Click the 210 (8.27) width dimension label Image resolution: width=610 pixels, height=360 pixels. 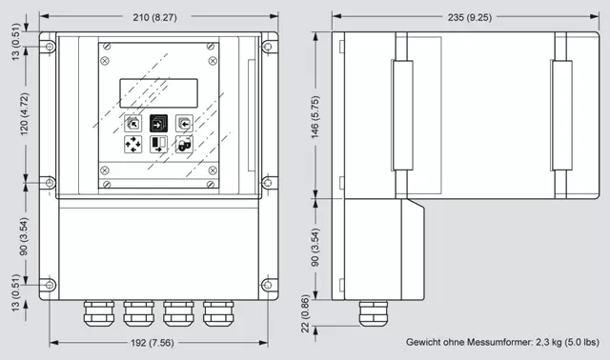pos(154,17)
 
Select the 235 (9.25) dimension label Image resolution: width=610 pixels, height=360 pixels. pos(470,17)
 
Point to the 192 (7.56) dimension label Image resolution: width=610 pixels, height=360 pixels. pos(152,343)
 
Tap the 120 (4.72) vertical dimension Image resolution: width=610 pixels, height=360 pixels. pos(24,114)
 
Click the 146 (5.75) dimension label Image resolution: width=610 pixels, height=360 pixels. pos(315,117)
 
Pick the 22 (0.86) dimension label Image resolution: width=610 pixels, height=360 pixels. pos(305,313)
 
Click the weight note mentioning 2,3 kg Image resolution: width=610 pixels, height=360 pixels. pos(502,342)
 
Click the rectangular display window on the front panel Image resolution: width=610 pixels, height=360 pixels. pos(159,93)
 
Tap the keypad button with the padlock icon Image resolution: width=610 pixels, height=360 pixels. pos(184,144)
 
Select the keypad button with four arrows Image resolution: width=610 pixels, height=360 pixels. pos(132,144)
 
